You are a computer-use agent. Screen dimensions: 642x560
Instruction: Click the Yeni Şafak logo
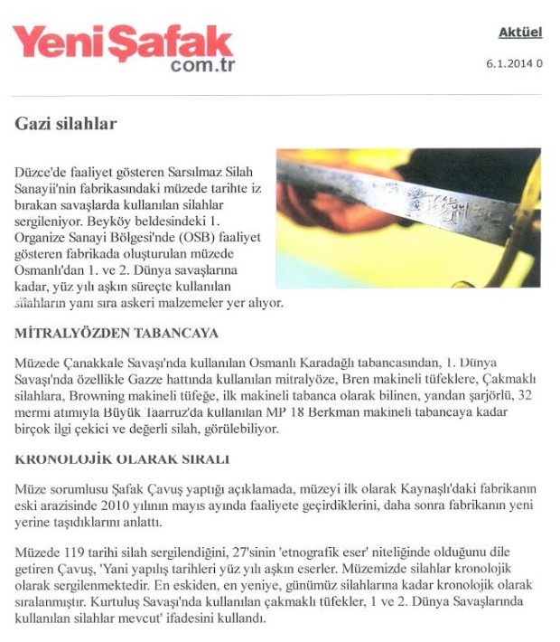pos(122,43)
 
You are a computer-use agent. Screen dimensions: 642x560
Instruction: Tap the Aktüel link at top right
pos(519,33)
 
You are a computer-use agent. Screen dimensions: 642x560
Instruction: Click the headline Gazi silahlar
pos(66,123)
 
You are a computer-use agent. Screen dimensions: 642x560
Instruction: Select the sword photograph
pos(408,217)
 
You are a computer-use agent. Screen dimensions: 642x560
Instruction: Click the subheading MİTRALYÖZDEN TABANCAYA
pos(117,333)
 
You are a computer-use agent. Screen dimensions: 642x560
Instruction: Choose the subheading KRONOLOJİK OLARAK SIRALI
pos(122,458)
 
